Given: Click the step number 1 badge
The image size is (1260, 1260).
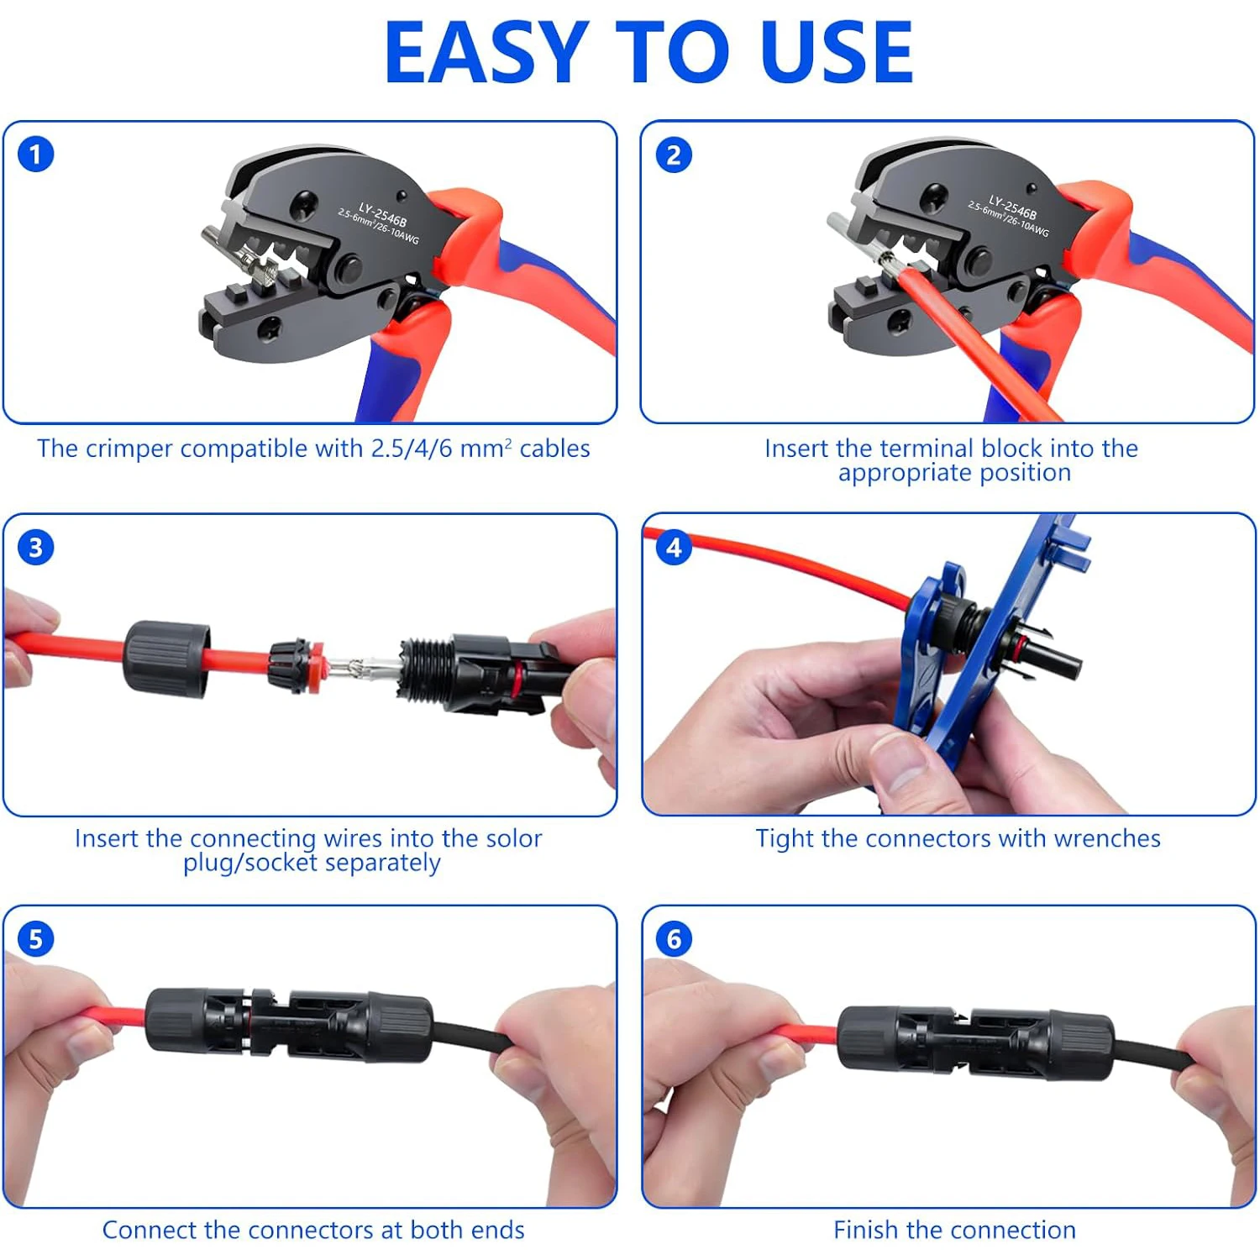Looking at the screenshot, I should (x=36, y=155).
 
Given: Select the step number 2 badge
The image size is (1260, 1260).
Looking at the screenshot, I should (x=674, y=155).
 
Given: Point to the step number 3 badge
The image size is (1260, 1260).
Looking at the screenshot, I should (x=36, y=548).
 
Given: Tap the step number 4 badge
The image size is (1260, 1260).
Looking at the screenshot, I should (x=674, y=548).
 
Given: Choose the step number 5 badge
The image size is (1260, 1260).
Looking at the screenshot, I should (x=36, y=939).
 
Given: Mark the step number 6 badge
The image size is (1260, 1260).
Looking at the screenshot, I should (x=674, y=939).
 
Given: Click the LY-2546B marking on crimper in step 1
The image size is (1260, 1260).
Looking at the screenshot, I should (x=382, y=215).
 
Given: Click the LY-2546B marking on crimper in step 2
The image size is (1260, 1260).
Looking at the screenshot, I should (x=1012, y=207).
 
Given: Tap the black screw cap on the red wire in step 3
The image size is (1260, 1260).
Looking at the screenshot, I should (x=166, y=659).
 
